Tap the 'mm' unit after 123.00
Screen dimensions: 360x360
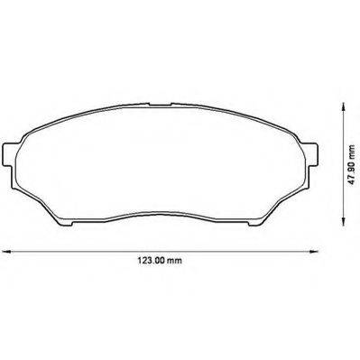174,261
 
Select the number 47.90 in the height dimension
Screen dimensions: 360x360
352,171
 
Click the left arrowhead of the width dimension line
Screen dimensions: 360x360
6,252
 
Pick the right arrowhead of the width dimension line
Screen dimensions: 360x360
314,252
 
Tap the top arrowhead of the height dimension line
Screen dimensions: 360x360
343,106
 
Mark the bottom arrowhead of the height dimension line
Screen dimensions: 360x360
343,221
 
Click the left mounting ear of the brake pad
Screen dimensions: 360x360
8,154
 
